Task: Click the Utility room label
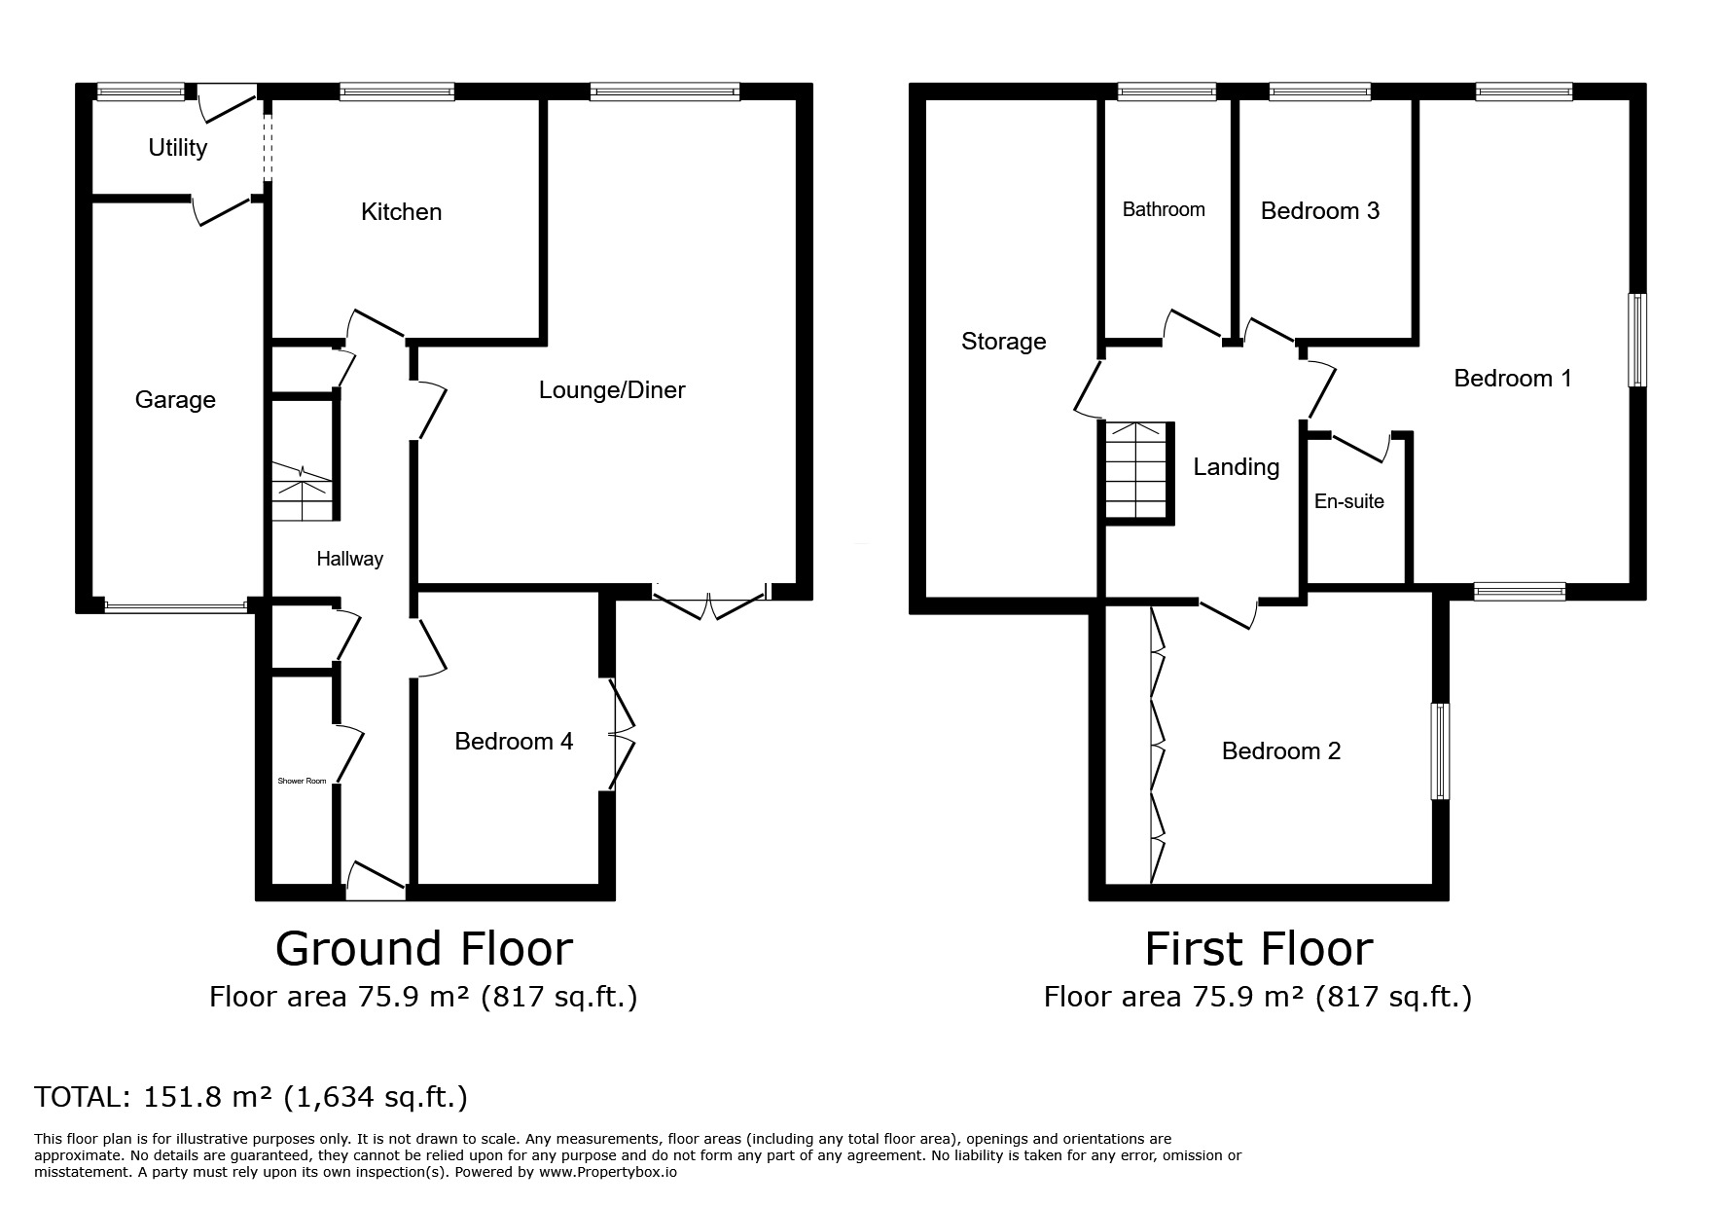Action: tap(177, 148)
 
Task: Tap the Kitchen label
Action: tap(401, 211)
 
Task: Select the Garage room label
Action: tap(175, 400)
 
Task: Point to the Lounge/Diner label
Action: tap(612, 390)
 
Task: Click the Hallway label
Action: tap(349, 559)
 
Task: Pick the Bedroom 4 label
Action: tap(514, 742)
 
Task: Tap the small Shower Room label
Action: tap(303, 781)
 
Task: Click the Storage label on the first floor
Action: tap(1003, 342)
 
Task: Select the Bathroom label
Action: tap(1164, 209)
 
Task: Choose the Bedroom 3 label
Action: tap(1320, 211)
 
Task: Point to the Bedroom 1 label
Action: tap(1513, 378)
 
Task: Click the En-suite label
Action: tap(1348, 501)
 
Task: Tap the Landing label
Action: tap(1236, 467)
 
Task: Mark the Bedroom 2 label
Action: tap(1281, 751)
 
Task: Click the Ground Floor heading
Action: tap(424, 949)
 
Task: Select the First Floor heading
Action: tap(1258, 949)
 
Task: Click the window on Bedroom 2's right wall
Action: tap(1440, 751)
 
